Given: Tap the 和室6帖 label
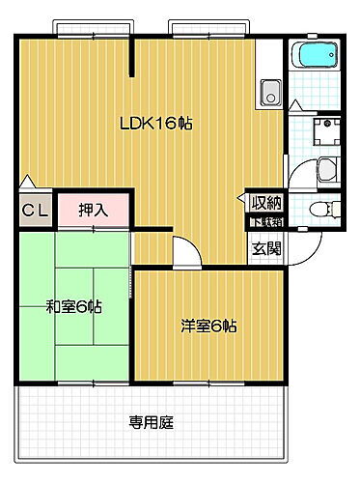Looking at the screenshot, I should [x=73, y=306].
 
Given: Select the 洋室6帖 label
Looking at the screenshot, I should [x=208, y=326].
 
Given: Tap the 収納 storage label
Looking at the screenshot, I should [x=266, y=202].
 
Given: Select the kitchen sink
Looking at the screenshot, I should [x=268, y=95].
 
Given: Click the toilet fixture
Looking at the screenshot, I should [x=318, y=209].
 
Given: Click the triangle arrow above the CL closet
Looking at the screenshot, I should [x=28, y=182].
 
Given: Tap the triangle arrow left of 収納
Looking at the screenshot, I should [x=242, y=202].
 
